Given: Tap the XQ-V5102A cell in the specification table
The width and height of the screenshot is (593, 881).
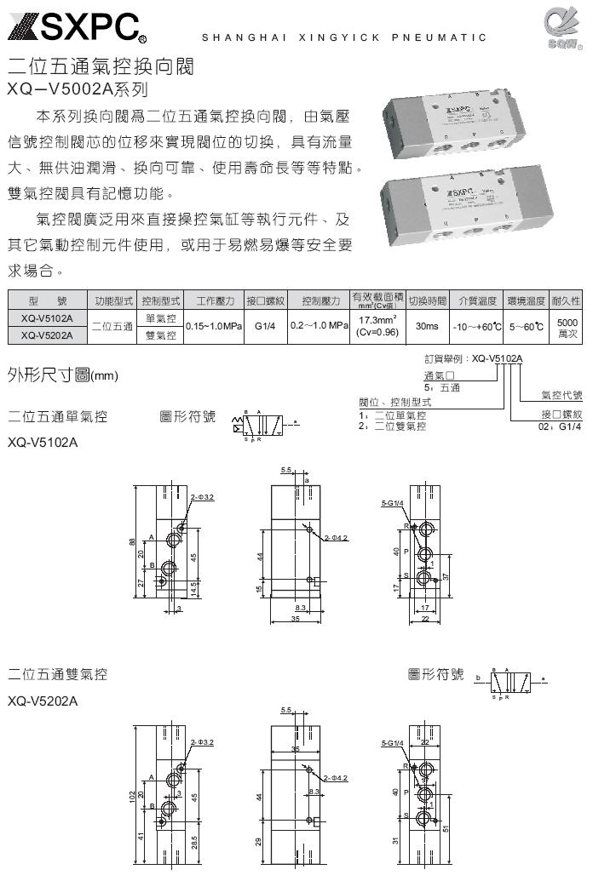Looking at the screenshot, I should point(47,318).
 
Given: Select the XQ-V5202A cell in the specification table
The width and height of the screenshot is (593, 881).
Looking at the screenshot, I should point(47,335).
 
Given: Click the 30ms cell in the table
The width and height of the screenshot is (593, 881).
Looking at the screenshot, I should point(427,326).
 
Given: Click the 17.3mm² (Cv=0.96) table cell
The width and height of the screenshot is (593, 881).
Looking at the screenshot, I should point(377,326).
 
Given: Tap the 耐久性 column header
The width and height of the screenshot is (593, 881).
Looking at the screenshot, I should point(566,300).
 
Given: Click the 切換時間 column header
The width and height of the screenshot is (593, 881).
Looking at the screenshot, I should point(427,300).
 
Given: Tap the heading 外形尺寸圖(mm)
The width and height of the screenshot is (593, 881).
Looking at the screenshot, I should point(62,375).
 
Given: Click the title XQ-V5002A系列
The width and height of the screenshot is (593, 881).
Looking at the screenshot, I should point(78,87).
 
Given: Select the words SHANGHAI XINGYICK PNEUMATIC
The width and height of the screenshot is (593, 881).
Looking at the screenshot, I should point(343,37).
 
